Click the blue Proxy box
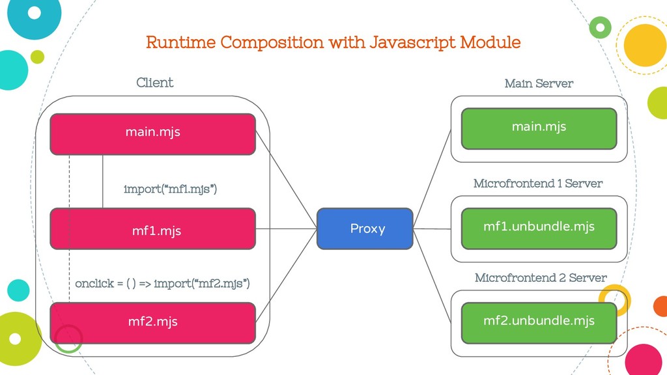click(x=365, y=229)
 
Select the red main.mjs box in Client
click(x=152, y=134)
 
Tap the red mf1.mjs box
click(x=152, y=229)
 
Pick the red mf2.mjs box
click(x=152, y=323)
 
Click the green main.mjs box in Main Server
click(x=539, y=129)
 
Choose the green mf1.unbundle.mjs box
click(x=539, y=229)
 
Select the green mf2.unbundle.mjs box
click(x=539, y=323)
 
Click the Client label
click(x=155, y=83)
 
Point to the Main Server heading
click(x=539, y=83)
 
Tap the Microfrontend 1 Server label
click(x=538, y=183)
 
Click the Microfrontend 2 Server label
click(x=541, y=277)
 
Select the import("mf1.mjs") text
click(x=170, y=189)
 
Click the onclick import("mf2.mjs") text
click(x=162, y=283)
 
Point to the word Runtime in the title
click(x=180, y=42)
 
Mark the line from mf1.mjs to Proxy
click(x=287, y=229)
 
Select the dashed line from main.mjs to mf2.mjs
click(x=69, y=229)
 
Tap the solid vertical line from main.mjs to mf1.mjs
click(x=102, y=182)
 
